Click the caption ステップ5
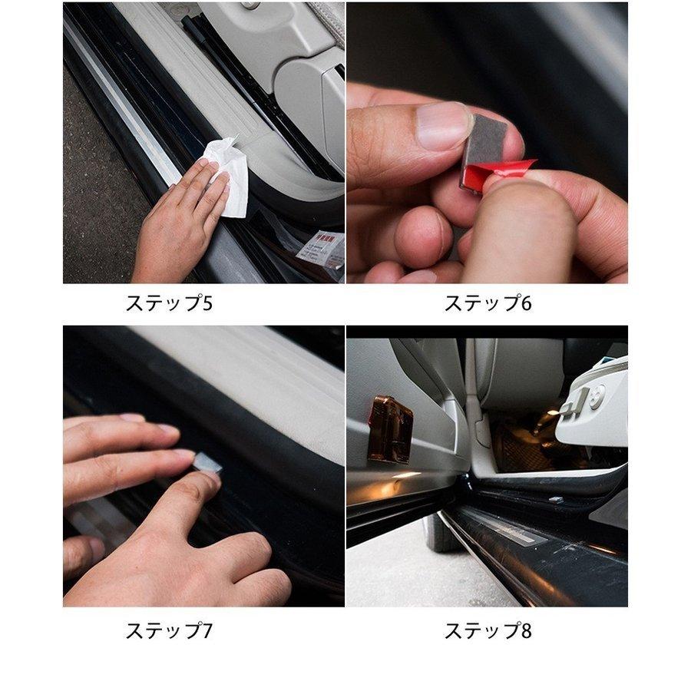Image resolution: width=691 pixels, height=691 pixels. click(x=168, y=303)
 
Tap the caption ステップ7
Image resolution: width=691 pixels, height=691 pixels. click(x=168, y=631)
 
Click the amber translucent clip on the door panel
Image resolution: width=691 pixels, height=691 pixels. click(x=389, y=428)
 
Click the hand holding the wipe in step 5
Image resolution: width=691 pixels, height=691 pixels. click(x=177, y=223)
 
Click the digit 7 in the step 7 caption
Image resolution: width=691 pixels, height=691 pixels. click(x=207, y=631)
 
